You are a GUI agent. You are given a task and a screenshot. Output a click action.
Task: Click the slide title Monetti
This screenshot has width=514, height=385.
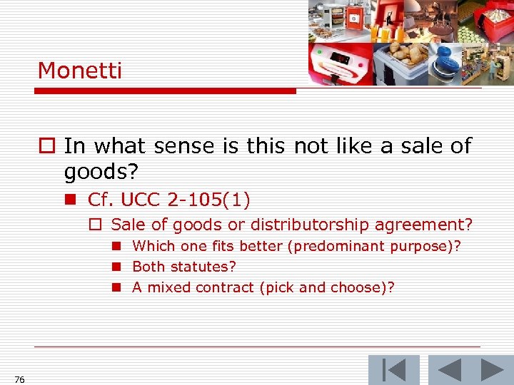80,71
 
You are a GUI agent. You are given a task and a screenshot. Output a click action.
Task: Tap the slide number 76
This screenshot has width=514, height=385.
19,380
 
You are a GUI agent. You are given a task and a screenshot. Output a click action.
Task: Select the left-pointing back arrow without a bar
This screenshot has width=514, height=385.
449,371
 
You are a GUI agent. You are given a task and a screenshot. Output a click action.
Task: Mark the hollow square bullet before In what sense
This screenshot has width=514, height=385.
46,146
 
